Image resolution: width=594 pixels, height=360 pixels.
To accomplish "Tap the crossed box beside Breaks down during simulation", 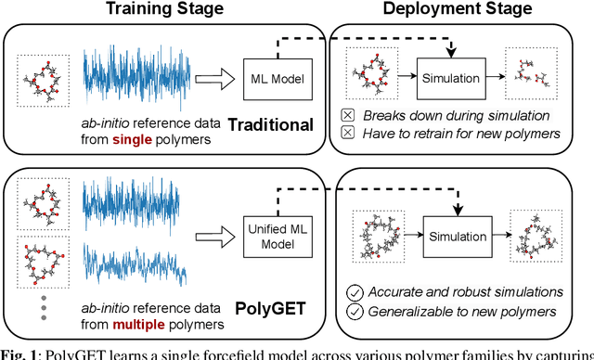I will coord(349,117).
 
